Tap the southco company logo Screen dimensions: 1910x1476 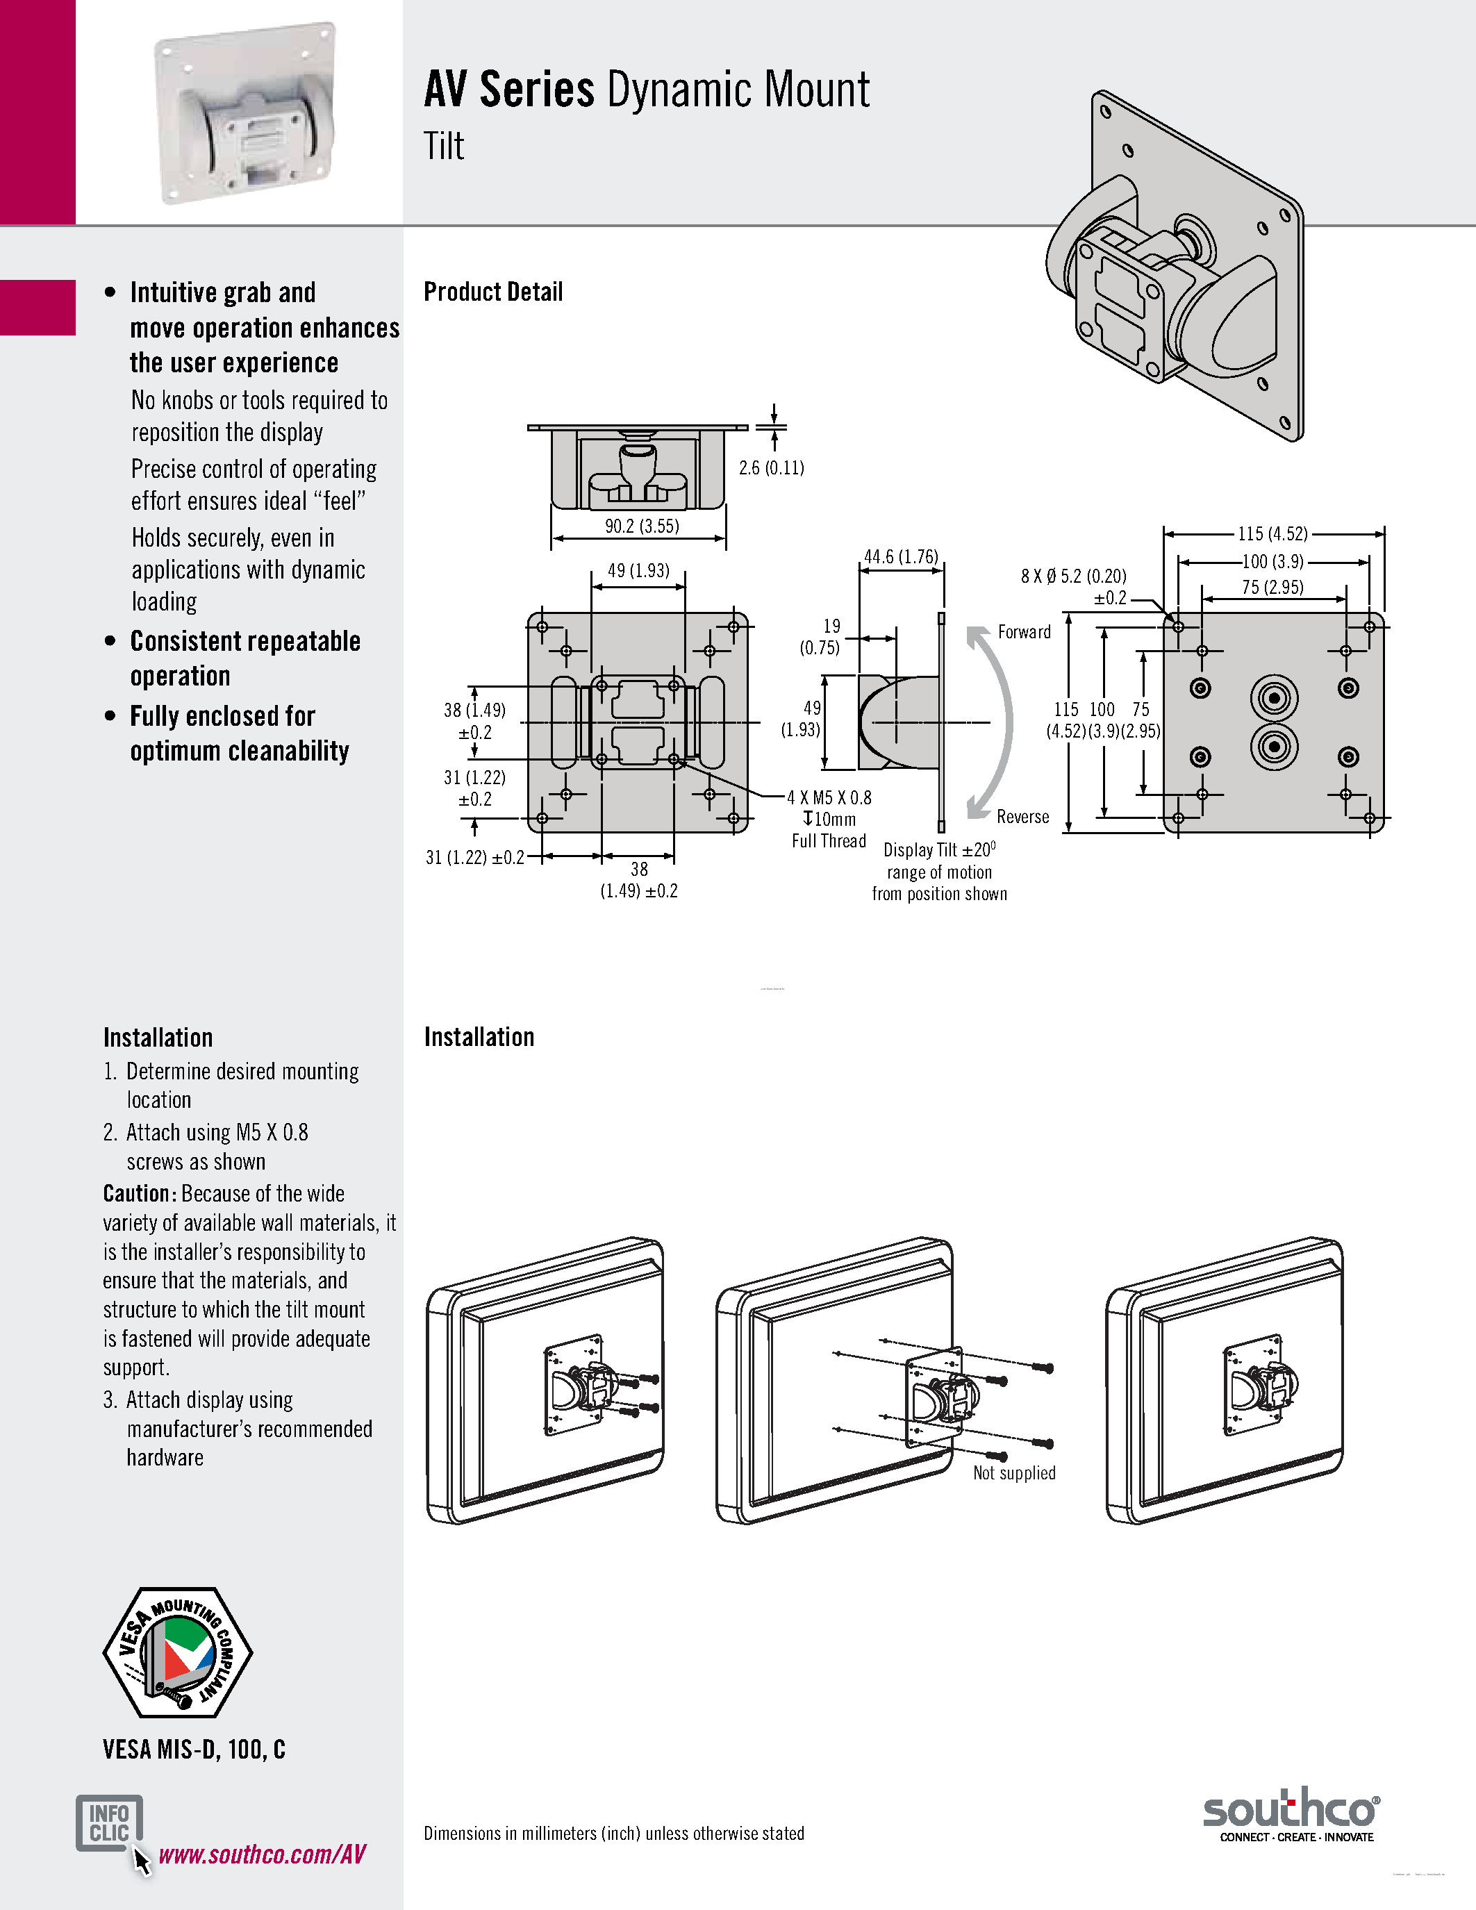tap(1291, 1813)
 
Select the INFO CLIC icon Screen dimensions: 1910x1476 tap(109, 1822)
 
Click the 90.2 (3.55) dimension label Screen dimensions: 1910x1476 tap(642, 526)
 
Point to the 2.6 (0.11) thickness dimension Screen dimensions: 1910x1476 tap(771, 468)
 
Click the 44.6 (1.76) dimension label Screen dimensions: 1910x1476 tap(901, 556)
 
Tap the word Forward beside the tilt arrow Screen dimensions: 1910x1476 tap(1024, 631)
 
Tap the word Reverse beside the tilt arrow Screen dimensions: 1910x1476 tap(1022, 816)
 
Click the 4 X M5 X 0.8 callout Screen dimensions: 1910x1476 tap(829, 797)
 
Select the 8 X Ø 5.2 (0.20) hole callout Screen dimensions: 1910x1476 tap(1073, 576)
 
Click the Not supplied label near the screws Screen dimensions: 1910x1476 tap(1014, 1472)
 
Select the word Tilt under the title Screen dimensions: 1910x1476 tap(445, 146)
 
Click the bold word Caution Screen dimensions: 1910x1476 tap(140, 1194)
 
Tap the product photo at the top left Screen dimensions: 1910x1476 tap(244, 114)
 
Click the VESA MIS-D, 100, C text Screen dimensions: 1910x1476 tap(194, 1749)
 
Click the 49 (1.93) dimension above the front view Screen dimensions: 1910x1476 tap(638, 570)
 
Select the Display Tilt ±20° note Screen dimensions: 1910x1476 tap(939, 850)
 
